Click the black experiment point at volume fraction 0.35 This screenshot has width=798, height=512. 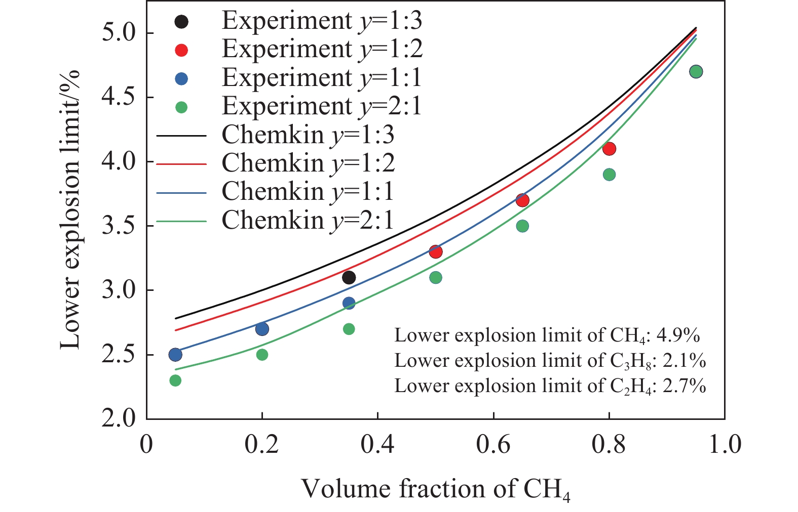pyautogui.click(x=349, y=277)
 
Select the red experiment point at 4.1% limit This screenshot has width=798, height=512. pyautogui.click(x=609, y=149)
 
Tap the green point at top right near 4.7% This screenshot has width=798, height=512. pyautogui.click(x=696, y=71)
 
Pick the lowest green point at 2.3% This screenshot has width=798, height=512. pyautogui.click(x=175, y=380)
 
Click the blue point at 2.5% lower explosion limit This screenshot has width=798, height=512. pyautogui.click(x=175, y=354)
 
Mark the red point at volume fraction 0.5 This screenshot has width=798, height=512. pyautogui.click(x=436, y=251)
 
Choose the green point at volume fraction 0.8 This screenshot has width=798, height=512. pyautogui.click(x=609, y=175)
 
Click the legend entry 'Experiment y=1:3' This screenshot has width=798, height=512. pyautogui.click(x=321, y=21)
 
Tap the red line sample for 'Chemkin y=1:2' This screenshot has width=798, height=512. pyautogui.click(x=181, y=164)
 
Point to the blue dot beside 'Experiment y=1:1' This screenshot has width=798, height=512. pyautogui.click(x=181, y=79)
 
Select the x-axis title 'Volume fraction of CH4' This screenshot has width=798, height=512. pyautogui.click(x=436, y=489)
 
